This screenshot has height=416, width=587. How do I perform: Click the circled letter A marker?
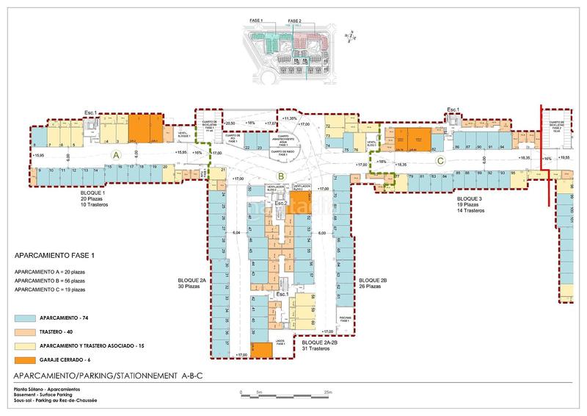tap(115, 155)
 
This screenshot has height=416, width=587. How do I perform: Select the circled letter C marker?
tap(440, 159)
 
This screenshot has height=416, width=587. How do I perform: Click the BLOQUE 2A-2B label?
tap(321, 343)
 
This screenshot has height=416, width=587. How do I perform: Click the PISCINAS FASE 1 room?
tap(346, 320)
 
